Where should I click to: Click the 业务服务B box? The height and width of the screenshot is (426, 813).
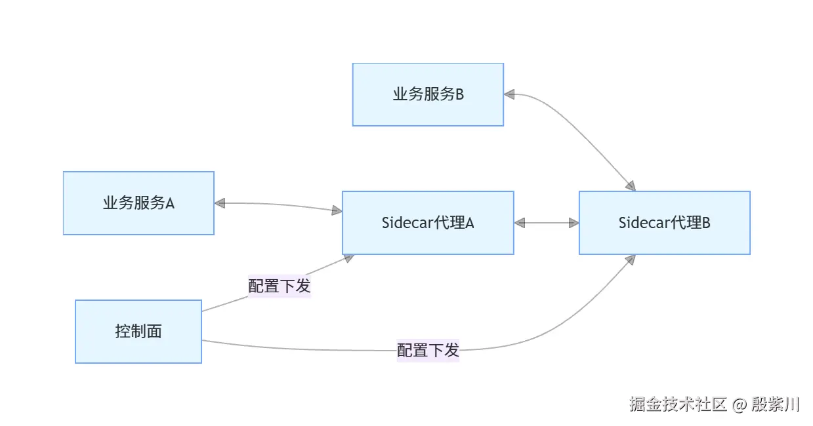tap(428, 94)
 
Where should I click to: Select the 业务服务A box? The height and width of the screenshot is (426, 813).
tap(138, 203)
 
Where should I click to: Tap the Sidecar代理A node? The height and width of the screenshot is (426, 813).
tap(428, 223)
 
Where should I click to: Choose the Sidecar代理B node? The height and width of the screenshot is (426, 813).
tap(664, 223)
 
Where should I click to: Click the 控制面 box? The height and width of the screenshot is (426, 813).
tap(138, 332)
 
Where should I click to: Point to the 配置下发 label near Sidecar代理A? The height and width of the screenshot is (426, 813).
tap(279, 286)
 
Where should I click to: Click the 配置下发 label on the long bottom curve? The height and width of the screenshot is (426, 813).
tap(428, 350)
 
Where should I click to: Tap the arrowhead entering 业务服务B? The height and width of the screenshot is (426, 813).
tap(510, 94)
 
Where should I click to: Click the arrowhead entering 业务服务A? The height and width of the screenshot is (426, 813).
tap(220, 204)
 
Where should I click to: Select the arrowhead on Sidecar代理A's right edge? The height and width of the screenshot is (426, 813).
tap(520, 223)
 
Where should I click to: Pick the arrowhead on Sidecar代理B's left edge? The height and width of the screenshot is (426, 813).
tap(573, 223)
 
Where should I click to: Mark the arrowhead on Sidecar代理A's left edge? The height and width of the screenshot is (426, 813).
tap(337, 210)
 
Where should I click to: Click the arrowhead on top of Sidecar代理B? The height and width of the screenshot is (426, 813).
tap(631, 186)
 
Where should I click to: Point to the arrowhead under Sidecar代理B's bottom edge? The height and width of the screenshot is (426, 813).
tap(631, 260)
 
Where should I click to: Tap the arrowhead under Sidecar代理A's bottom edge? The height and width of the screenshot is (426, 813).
tap(348, 258)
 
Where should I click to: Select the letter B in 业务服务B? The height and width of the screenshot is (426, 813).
tap(459, 94)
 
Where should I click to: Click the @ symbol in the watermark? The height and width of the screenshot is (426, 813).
tap(740, 404)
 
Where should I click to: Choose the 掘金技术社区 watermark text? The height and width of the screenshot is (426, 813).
tap(678, 404)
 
